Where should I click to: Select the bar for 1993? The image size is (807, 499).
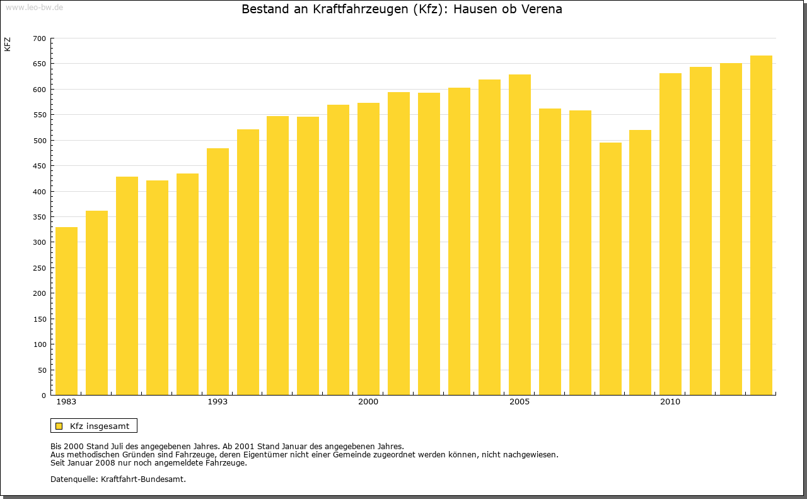218,272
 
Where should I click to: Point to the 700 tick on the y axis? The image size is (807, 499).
39,38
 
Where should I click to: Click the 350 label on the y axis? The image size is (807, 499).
39,217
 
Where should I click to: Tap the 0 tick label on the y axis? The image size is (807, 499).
44,396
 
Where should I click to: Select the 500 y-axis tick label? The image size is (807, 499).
39,141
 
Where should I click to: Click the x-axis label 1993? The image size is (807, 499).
218,402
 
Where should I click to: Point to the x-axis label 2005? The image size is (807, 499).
520,402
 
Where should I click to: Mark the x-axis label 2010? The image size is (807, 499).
670,402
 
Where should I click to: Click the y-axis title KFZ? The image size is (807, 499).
8,44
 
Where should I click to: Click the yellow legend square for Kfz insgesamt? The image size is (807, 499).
59,426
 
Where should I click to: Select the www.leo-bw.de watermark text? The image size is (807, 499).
34,6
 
